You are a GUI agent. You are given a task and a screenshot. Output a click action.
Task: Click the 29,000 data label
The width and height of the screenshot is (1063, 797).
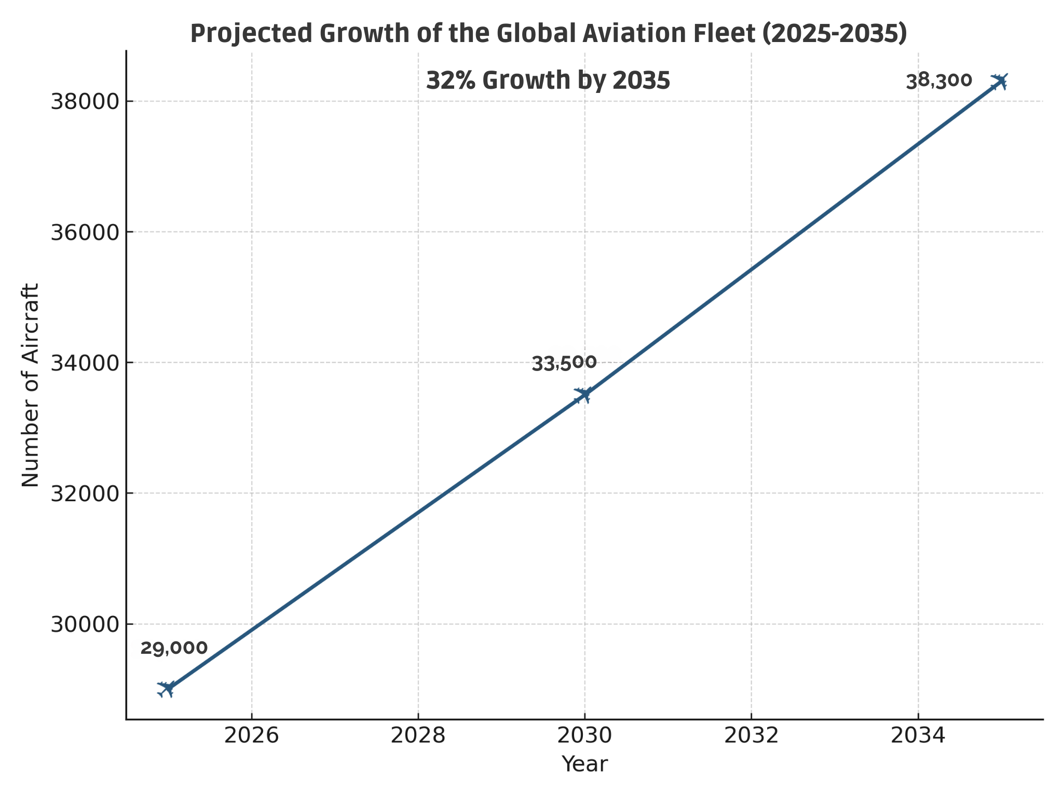[x=174, y=648]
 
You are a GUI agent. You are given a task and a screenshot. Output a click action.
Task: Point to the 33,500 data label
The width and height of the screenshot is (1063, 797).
[x=564, y=363]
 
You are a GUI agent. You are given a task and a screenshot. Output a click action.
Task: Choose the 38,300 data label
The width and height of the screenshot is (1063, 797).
[x=939, y=81]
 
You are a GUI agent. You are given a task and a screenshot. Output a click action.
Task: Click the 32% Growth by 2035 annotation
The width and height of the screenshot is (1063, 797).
[x=548, y=81]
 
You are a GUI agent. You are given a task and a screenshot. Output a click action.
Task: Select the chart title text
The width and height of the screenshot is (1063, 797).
[x=549, y=34]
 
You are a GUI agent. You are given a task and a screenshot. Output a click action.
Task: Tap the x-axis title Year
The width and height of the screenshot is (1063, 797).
[x=584, y=764]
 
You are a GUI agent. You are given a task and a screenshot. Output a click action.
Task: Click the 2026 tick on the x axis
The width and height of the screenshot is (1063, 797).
[x=251, y=736]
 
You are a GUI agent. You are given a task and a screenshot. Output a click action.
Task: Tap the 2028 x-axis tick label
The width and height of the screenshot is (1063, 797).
[x=418, y=736]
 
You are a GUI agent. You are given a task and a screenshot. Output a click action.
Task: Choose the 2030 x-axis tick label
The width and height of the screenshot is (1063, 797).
[x=584, y=736]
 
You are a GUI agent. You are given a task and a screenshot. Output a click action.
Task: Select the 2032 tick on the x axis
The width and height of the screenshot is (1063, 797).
[x=751, y=736]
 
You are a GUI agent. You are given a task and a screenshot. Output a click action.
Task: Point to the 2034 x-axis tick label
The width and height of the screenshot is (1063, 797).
[x=918, y=736]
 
